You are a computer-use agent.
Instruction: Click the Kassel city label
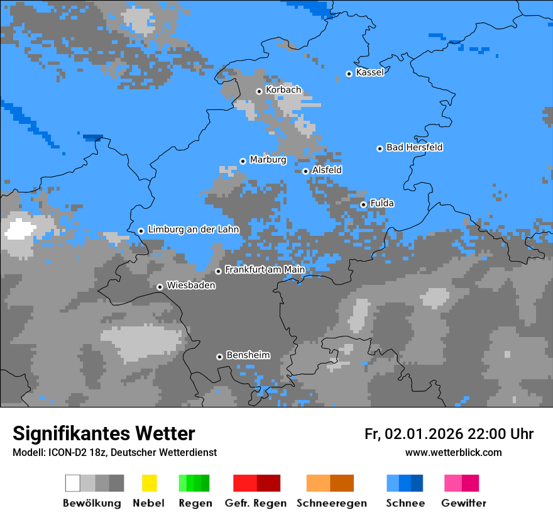[x=370, y=72]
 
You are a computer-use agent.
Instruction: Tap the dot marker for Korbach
[x=259, y=91]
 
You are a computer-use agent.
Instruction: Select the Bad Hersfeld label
[x=414, y=147]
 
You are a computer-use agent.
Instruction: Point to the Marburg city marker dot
[x=243, y=161]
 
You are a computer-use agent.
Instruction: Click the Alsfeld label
[x=327, y=170]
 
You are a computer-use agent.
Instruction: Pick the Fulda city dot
[x=363, y=204]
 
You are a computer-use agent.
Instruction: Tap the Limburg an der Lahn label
[x=193, y=230]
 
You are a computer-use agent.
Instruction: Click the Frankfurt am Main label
[x=265, y=270]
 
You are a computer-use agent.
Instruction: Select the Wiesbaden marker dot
[x=160, y=287]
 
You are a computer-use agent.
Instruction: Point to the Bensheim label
[x=248, y=355]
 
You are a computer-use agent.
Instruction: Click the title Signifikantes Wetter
[x=104, y=433]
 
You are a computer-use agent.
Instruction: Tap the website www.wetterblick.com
[x=453, y=453]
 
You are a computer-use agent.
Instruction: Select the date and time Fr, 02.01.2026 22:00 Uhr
[x=449, y=434]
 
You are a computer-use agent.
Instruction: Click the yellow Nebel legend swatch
[x=149, y=483]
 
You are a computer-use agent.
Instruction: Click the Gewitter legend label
[x=463, y=503]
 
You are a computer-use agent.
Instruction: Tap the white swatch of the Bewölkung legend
[x=73, y=483]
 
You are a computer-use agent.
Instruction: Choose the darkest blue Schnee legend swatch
[x=417, y=483]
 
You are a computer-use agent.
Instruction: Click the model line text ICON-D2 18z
[x=77, y=453]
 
